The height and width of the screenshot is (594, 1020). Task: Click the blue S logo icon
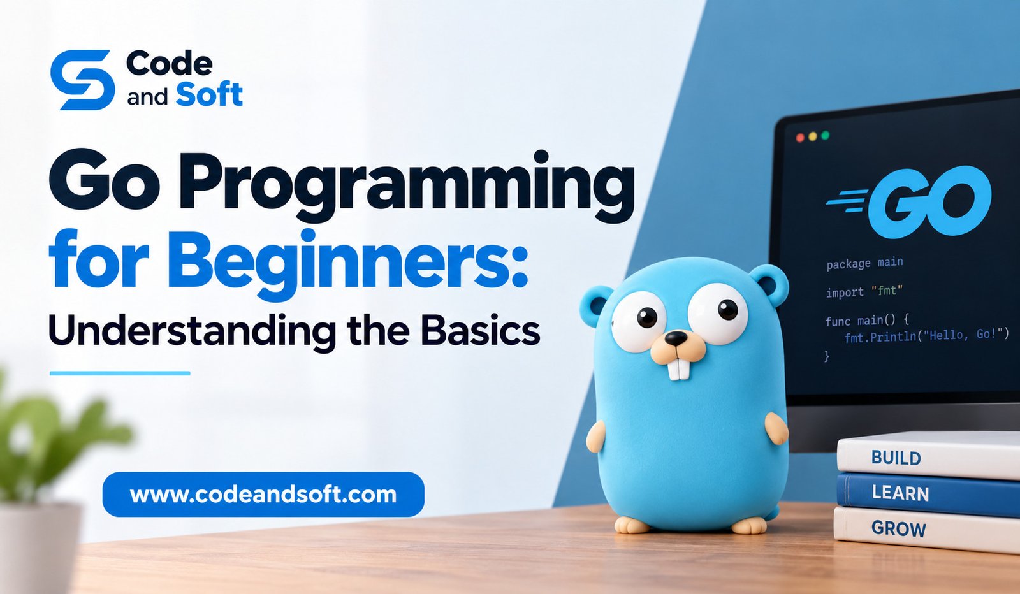coord(82,80)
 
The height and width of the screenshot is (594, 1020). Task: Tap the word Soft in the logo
coord(209,95)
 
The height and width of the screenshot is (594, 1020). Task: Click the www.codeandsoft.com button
coord(263,495)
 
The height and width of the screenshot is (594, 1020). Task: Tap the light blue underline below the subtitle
coord(120,373)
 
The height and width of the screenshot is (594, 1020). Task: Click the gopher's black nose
coord(676,338)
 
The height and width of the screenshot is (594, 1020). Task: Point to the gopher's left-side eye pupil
coord(647,317)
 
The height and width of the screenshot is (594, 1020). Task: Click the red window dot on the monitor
coord(800,138)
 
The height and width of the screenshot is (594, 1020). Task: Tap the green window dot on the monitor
coord(825,135)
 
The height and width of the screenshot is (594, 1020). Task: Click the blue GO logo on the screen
coord(909,201)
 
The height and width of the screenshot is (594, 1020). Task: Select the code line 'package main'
coord(864,263)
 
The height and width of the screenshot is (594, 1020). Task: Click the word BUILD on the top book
coord(896,458)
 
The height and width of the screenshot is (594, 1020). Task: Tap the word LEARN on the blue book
coord(900,493)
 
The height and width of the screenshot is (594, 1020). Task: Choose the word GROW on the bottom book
coord(898,528)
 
